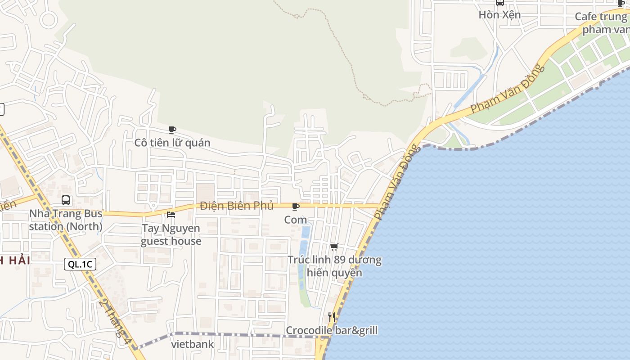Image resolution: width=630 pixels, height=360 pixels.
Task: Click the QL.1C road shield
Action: [80, 264]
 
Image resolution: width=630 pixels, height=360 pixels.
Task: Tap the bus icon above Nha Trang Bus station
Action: [66, 200]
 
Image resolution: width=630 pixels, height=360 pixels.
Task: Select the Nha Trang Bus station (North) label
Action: [66, 220]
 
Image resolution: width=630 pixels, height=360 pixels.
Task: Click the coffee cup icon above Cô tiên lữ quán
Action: [172, 130]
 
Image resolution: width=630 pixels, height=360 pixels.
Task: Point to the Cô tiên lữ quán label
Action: [172, 143]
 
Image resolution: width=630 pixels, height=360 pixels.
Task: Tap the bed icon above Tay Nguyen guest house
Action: [171, 215]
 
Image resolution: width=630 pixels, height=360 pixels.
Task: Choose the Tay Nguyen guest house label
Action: [171, 234]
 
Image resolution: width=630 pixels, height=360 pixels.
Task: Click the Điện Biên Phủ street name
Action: [237, 206]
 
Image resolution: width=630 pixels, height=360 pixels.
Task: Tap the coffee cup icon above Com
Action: [296, 207]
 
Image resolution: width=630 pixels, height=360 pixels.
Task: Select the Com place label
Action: [296, 220]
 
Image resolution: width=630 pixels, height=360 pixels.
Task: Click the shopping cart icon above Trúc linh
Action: [334, 247]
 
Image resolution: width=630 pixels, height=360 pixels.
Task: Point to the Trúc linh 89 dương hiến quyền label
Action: [334, 266]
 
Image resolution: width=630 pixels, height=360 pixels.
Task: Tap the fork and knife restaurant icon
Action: [332, 317]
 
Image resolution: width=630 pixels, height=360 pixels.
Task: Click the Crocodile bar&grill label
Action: [332, 331]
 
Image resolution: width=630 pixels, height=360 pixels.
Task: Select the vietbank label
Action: [193, 345]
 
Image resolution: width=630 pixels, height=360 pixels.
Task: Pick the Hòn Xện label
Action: [499, 15]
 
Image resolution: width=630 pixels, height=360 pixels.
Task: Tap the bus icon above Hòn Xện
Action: [499, 3]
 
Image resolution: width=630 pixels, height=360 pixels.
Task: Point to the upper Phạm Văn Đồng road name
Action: [508, 89]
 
